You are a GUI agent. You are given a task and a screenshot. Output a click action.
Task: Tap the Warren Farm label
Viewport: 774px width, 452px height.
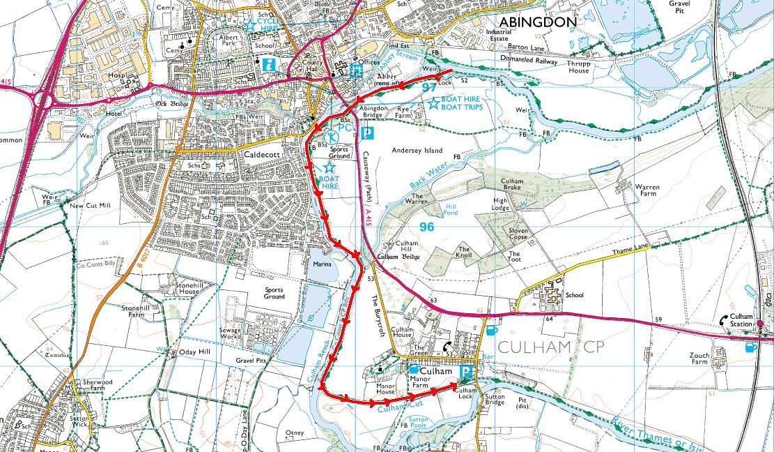pos(646,190)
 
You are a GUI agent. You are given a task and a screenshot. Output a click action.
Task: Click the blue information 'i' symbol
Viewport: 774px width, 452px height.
pos(269,63)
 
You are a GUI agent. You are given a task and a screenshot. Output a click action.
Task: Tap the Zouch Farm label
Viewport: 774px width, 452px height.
pos(699,359)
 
